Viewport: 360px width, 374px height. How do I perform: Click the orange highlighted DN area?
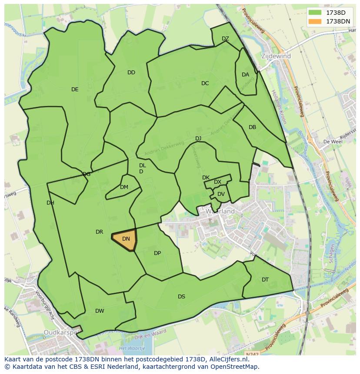(125, 239)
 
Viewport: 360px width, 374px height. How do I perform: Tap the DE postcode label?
(75, 89)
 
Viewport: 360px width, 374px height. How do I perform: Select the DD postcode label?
(131, 73)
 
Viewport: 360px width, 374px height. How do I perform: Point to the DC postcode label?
(205, 83)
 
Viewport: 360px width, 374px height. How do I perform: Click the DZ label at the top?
(225, 39)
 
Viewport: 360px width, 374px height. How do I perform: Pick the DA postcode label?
(245, 75)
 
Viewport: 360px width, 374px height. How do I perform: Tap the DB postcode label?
(252, 127)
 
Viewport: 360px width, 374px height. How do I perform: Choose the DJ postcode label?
(198, 139)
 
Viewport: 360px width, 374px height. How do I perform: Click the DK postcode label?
(206, 178)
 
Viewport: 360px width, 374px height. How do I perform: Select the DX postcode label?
(217, 182)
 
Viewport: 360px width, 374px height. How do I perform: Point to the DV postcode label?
(221, 194)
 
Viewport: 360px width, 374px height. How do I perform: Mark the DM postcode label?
(124, 187)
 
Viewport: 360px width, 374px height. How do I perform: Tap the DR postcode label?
(99, 232)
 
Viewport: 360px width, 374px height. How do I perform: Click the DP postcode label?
(157, 253)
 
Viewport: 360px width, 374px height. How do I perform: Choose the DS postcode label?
(181, 297)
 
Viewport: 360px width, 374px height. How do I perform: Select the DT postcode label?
(265, 280)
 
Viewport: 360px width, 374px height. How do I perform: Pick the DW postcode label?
(100, 311)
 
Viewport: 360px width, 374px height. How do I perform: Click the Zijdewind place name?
(276, 56)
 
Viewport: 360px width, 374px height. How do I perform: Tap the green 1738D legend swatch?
(315, 13)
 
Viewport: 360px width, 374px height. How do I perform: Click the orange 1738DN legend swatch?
(315, 21)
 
